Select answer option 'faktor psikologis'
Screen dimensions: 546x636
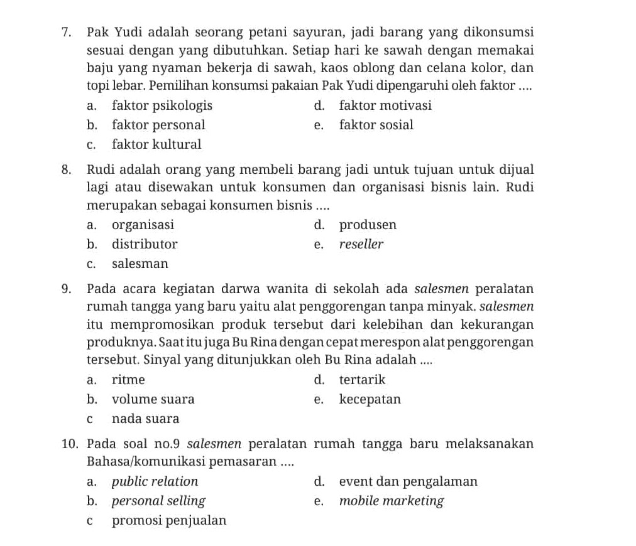coord(162,105)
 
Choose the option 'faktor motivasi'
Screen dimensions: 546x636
coord(385,105)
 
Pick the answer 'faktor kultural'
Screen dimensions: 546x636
coord(156,144)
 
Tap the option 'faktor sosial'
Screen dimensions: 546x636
coord(376,125)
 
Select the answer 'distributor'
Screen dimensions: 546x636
coord(145,244)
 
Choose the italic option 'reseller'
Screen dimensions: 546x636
coord(361,244)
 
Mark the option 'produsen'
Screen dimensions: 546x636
coord(368,225)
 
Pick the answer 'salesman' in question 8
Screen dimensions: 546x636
coord(140,264)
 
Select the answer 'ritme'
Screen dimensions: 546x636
coord(128,380)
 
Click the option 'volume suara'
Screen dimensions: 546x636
coord(153,399)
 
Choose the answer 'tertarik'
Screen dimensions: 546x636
coord(362,380)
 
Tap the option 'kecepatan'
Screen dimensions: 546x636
coord(370,399)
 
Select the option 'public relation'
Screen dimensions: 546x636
coord(155,482)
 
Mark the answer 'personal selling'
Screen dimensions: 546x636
coord(158,501)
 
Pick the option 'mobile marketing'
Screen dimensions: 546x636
coord(391,501)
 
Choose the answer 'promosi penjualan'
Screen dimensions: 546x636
coord(169,520)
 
